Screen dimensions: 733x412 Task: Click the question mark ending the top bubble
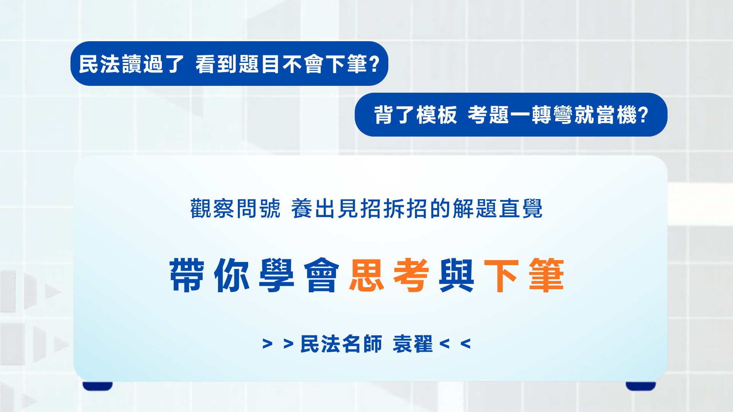click(375, 64)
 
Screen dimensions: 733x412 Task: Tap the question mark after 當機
click(643, 115)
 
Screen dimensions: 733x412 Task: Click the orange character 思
click(366, 275)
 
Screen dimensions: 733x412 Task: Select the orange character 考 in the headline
click(411, 275)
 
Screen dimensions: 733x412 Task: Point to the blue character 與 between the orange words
click(456, 275)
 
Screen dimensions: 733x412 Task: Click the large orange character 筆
click(546, 275)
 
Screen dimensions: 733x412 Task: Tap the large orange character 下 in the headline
click(501, 275)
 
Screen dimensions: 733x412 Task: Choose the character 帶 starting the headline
click(187, 275)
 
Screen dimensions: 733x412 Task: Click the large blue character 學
click(277, 275)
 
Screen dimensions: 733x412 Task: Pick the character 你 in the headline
click(232, 275)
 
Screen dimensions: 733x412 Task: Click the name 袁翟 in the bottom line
click(413, 344)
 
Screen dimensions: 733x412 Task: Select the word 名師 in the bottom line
click(362, 344)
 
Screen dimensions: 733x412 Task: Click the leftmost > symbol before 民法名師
click(267, 344)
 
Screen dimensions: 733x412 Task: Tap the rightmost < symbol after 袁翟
click(465, 344)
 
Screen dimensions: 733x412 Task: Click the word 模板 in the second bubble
click(437, 115)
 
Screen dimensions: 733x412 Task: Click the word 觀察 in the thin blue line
click(212, 209)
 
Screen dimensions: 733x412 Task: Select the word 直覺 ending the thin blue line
click(520, 209)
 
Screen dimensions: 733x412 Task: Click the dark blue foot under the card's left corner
click(98, 386)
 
